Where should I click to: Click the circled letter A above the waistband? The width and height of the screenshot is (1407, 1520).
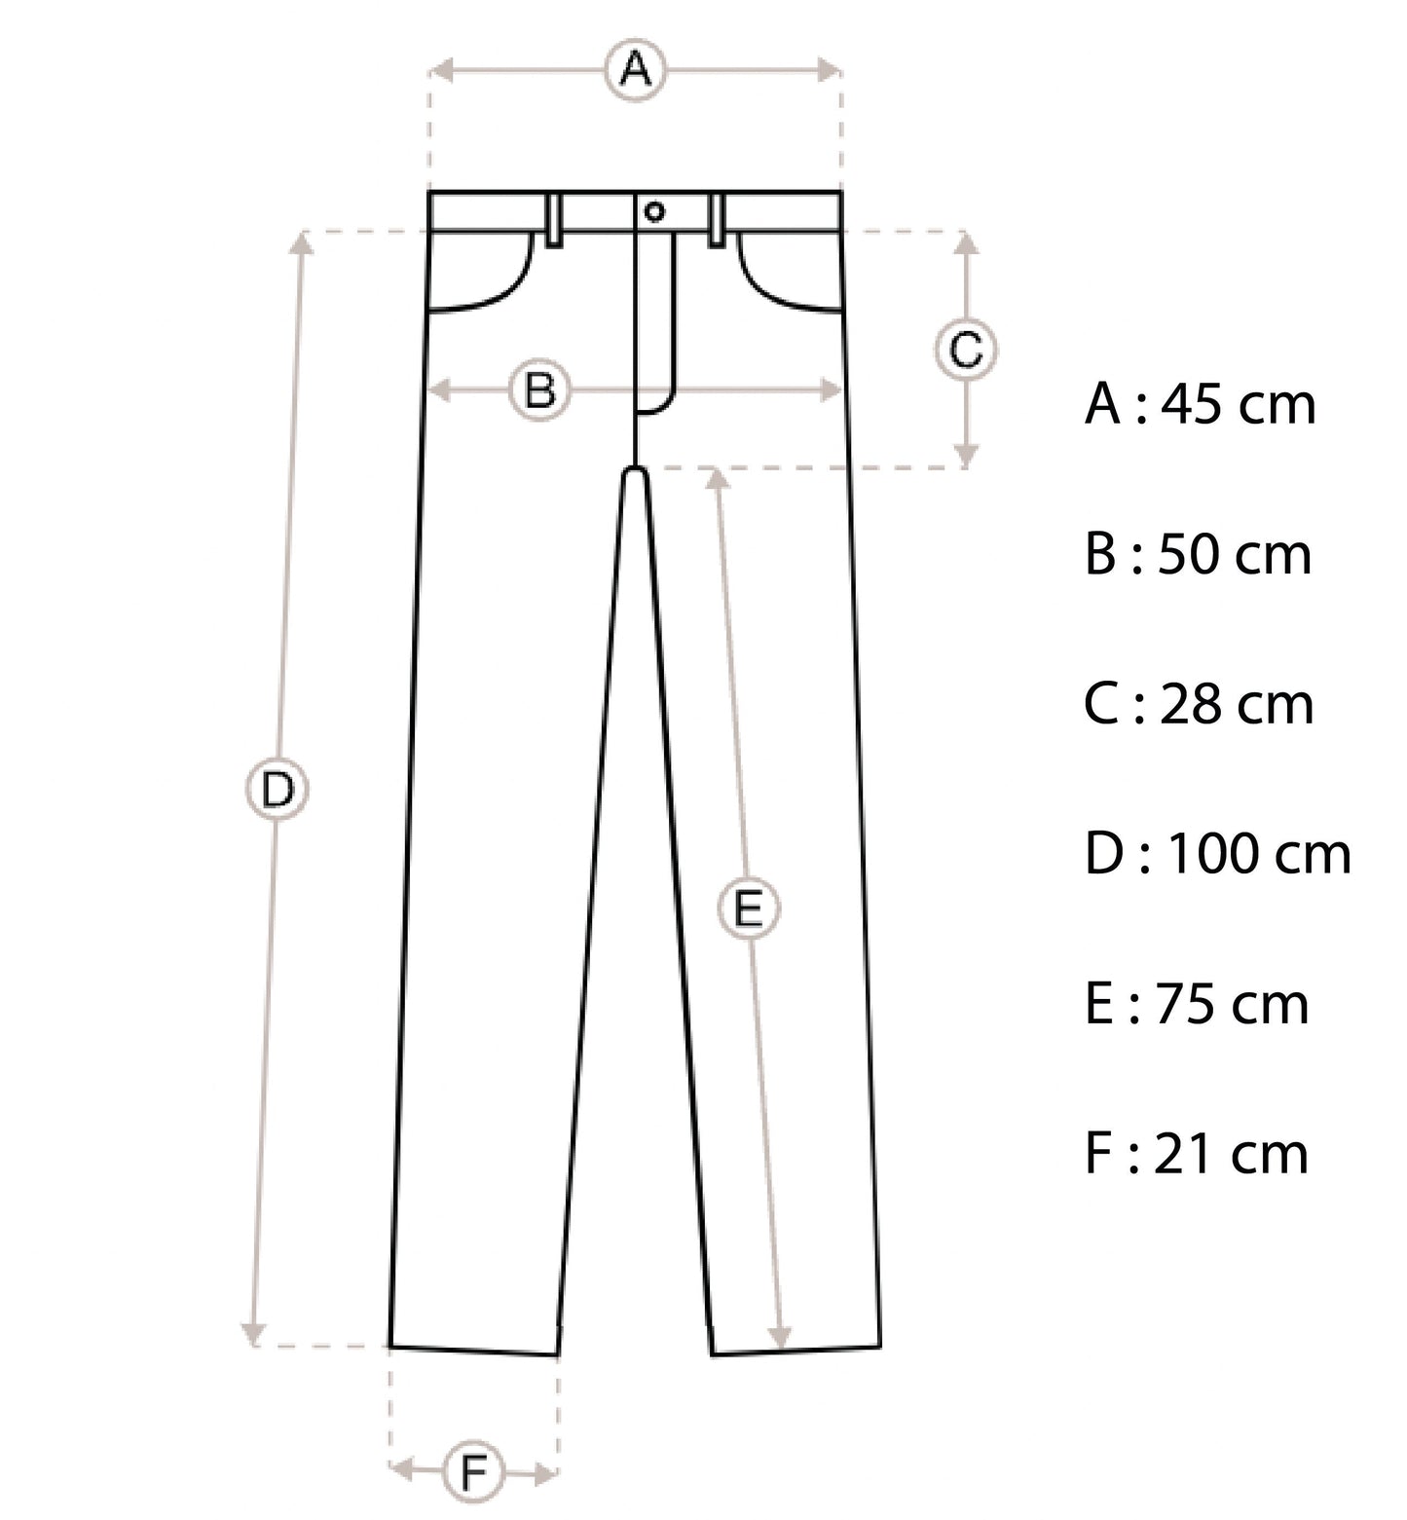tap(636, 70)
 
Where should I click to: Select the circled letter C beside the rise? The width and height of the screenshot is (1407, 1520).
tap(966, 350)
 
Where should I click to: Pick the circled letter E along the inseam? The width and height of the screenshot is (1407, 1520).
tap(748, 909)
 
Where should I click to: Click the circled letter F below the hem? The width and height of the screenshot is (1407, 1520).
tap(473, 1471)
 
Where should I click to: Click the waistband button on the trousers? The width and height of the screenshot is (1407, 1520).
tap(654, 211)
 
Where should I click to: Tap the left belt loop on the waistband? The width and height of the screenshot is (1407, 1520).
tap(554, 220)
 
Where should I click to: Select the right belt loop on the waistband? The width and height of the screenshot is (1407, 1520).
tap(718, 220)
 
